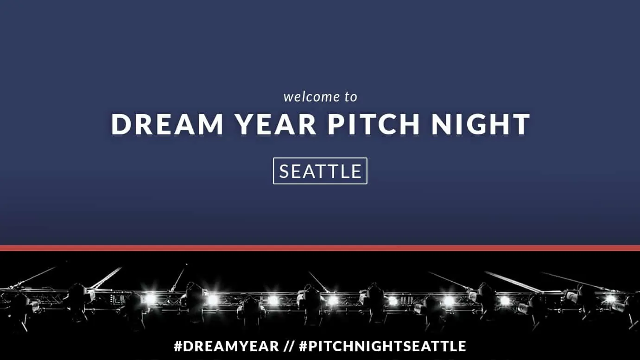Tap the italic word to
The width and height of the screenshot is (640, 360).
[351, 97]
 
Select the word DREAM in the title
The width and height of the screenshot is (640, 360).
[167, 124]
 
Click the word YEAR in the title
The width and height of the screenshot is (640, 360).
[277, 124]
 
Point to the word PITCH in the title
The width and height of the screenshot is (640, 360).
[374, 124]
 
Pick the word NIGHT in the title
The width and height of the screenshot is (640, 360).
[481, 124]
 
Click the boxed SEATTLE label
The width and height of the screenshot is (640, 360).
[320, 171]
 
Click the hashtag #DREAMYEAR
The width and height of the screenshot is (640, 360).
[226, 346]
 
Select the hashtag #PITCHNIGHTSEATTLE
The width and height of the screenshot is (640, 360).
[383, 346]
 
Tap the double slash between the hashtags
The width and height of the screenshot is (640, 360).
[289, 346]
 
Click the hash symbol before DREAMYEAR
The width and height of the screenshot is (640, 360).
[178, 346]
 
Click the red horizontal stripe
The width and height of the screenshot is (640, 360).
[320, 248]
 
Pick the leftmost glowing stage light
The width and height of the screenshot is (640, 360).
[150, 298]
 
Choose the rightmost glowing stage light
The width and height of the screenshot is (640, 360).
[610, 299]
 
